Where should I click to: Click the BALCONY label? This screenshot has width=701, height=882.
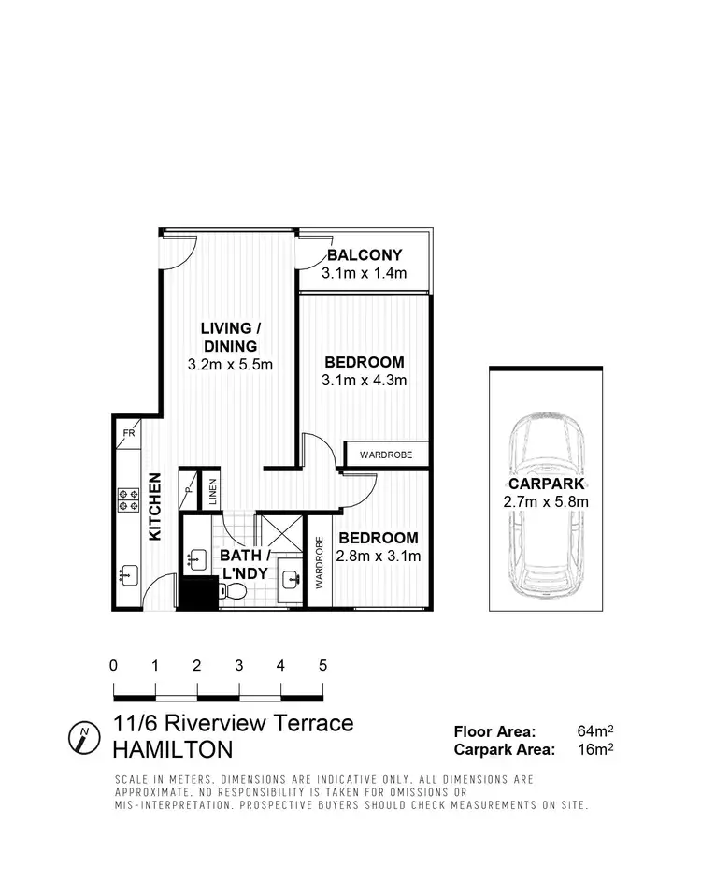[x=365, y=254]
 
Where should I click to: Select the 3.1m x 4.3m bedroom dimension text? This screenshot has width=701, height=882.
[x=364, y=381]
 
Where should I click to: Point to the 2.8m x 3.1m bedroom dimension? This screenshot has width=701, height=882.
[x=378, y=557]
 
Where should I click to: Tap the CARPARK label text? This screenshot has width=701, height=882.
[x=547, y=484]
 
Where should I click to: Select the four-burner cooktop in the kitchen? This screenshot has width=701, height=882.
[x=127, y=500]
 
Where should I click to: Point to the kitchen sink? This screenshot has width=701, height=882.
[x=127, y=574]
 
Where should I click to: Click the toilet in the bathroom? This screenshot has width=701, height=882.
[x=235, y=590]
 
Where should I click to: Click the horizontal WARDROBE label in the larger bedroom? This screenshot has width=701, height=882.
[x=386, y=455]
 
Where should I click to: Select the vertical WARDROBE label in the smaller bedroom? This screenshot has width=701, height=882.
[x=320, y=561]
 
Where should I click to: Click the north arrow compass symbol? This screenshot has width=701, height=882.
[x=84, y=737]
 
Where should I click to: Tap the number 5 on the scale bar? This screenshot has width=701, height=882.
[x=322, y=667]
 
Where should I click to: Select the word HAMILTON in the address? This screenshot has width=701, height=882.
[x=173, y=750]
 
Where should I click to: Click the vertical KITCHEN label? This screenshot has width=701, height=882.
[x=155, y=506]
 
